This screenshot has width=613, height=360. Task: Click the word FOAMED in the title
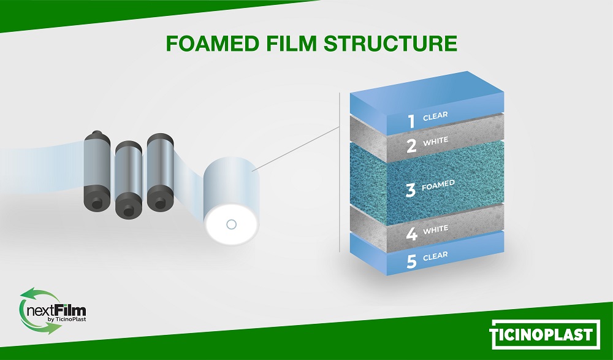[x=213, y=44]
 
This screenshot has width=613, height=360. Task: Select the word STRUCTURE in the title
[x=390, y=44]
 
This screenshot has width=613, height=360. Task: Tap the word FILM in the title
[x=291, y=44]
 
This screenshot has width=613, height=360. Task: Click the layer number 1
[x=411, y=121]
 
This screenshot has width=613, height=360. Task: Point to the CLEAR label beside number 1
[x=435, y=116]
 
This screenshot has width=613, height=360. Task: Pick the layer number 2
[x=411, y=146]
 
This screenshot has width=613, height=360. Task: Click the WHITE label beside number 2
[x=435, y=141]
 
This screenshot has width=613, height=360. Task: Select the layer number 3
[x=410, y=190]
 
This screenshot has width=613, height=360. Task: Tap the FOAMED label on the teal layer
[x=438, y=185]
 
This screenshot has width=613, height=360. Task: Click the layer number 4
[x=411, y=234]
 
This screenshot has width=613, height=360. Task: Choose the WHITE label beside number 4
[x=435, y=229]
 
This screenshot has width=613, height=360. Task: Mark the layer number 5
[x=411, y=261]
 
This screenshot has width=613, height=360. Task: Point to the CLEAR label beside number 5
[x=435, y=256]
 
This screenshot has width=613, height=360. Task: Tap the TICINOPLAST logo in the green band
[x=544, y=335]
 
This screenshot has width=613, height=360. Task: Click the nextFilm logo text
[x=56, y=312]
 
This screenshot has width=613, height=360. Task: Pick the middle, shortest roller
[x=129, y=180]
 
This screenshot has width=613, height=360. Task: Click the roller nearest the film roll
[x=161, y=172]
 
